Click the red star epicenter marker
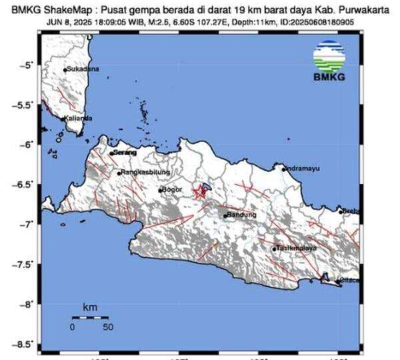199,193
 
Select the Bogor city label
172,190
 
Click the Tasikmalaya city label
292,249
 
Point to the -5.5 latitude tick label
26,105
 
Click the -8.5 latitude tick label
26,345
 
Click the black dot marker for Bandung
225,215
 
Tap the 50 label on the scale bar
107,327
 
